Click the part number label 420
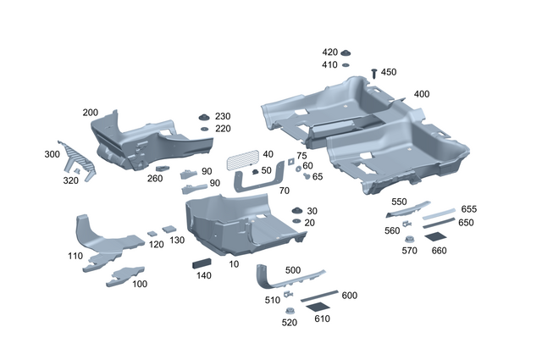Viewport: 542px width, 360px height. point(329,52)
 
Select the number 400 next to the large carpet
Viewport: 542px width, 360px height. point(422,94)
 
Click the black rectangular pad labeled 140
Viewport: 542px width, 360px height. point(203,261)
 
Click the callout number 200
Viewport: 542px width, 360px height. point(91,113)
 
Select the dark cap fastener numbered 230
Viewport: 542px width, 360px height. point(202,116)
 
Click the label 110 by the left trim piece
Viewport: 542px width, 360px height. point(76,255)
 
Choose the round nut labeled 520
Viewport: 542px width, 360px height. point(290,312)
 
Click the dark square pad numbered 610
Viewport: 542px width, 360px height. point(316,305)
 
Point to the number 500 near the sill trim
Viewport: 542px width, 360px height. point(293,269)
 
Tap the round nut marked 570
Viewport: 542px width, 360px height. point(410,239)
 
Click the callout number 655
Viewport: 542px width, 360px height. point(468,208)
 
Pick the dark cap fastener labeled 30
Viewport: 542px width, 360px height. point(296,210)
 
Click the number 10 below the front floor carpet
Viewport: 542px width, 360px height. point(234,264)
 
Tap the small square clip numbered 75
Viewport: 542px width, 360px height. point(290,158)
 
